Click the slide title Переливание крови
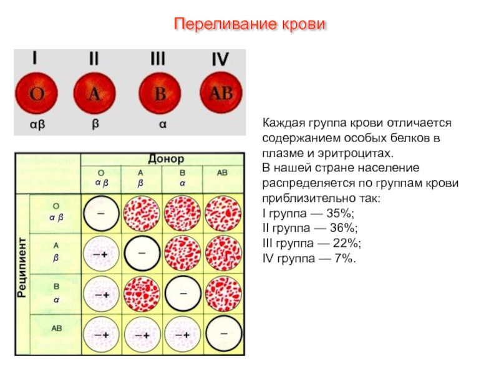[249, 25]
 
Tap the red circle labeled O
[37, 93]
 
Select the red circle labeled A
[95, 93]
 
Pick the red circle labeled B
[160, 93]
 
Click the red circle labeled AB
[221, 93]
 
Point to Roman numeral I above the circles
[36, 59]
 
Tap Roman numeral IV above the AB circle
[220, 60]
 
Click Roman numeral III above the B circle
[158, 59]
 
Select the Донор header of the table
[165, 159]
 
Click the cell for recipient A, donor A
[142, 254]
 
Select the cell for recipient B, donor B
[183, 294]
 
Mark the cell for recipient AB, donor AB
[223, 333]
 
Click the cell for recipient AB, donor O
[101, 334]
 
